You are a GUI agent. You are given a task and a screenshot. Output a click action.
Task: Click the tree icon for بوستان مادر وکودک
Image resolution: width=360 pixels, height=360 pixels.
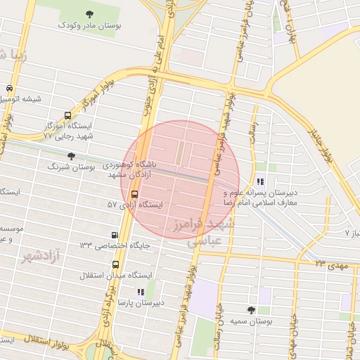click(89, 14)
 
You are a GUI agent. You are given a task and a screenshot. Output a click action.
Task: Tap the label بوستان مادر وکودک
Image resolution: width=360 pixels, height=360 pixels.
click(89, 25)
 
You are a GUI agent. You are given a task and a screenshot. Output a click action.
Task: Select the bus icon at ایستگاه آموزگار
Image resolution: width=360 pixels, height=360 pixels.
click(67, 115)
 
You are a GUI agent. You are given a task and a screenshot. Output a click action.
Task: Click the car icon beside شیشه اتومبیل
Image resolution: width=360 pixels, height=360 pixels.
click(9, 89)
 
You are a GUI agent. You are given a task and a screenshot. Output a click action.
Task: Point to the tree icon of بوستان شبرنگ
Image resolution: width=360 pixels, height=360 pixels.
click(70, 156)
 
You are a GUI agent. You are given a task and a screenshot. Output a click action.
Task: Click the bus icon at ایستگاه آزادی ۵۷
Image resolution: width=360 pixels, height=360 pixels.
click(135, 194)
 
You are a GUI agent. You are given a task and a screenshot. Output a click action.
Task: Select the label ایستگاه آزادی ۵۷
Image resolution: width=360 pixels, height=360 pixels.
click(135, 205)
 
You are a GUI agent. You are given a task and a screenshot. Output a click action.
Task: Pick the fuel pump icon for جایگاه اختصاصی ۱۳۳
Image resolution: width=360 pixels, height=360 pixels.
click(115, 235)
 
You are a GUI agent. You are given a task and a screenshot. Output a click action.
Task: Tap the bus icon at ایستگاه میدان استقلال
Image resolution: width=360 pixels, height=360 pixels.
click(115, 264)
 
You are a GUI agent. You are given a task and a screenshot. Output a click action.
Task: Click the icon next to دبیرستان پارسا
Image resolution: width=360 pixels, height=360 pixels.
click(141, 291)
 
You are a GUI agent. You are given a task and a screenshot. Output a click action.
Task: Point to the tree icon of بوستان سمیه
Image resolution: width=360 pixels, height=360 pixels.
click(251, 309)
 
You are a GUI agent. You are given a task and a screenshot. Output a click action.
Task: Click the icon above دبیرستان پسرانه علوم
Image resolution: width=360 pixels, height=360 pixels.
click(261, 181)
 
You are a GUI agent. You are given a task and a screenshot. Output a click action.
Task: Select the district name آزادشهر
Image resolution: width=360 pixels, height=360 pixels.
click(43, 255)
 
